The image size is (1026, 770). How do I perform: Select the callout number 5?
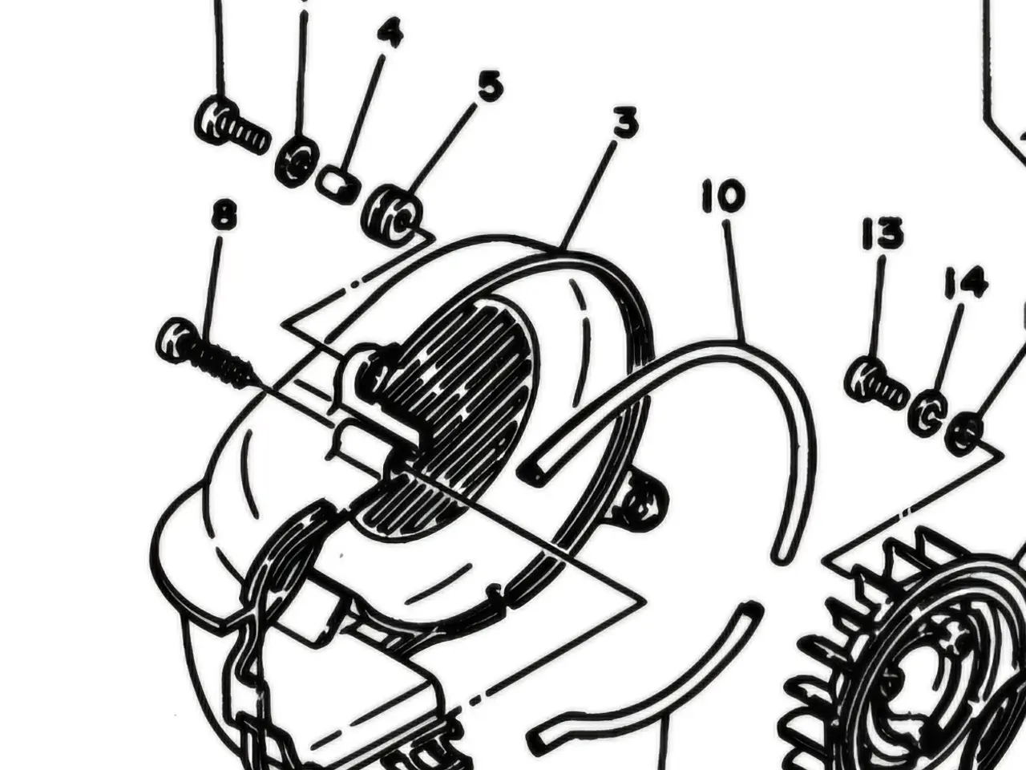[x=491, y=86]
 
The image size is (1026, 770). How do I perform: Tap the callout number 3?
[x=625, y=123]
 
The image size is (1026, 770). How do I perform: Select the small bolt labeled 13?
[x=875, y=384]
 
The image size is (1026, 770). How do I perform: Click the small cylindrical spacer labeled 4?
[x=337, y=184]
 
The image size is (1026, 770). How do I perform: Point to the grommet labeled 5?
[x=393, y=215]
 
